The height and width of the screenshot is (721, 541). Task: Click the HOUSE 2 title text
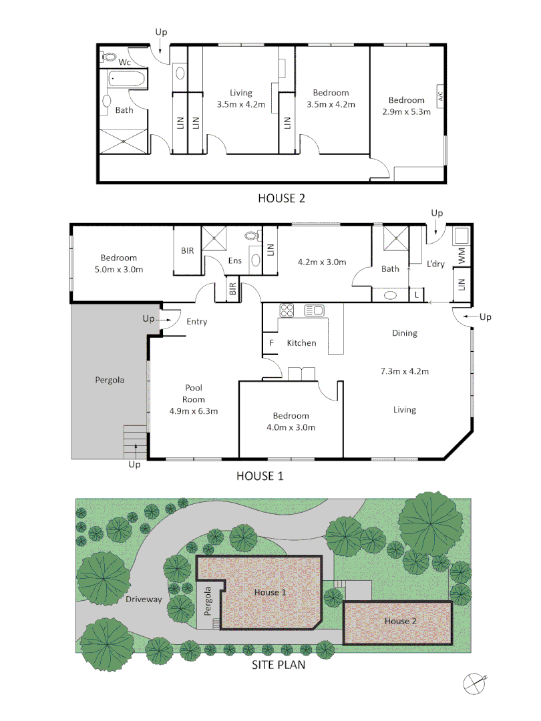[282, 198]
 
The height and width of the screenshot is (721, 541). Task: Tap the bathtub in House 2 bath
[126, 80]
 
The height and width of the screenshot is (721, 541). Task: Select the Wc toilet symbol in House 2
[108, 57]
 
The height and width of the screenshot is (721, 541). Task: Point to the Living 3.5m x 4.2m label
[241, 99]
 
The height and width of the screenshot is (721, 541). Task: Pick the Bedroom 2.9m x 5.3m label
[407, 106]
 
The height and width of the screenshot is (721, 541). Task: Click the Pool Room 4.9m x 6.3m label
[194, 399]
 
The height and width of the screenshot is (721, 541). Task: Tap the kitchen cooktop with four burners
[287, 310]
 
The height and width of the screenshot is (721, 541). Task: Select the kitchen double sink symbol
[314, 310]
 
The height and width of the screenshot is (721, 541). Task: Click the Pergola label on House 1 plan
[110, 380]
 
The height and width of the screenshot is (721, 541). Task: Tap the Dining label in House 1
[405, 332]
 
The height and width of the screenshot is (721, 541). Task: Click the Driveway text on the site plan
[144, 599]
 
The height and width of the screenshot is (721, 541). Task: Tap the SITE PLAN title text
[278, 666]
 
